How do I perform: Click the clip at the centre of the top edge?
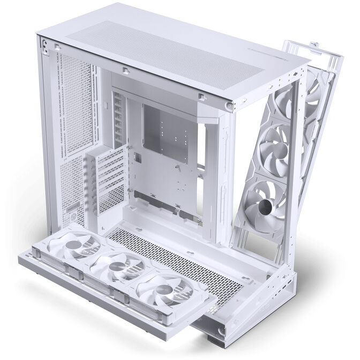point(123,70)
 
